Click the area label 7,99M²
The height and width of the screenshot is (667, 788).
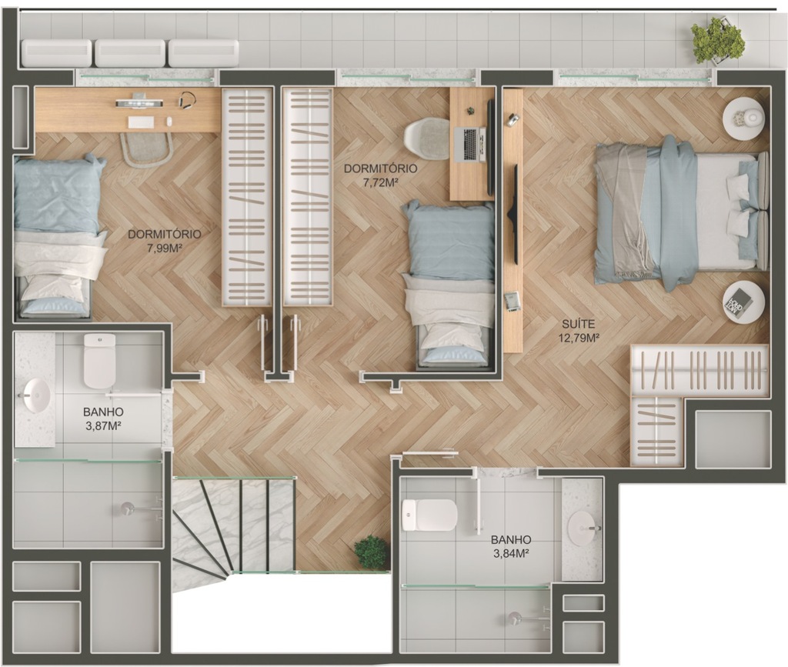[165, 247]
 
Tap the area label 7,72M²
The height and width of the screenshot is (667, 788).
[380, 182]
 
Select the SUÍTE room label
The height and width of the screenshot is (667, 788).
[579, 324]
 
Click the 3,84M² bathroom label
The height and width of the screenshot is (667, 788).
[511, 554]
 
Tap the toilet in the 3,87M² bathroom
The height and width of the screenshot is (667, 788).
[99, 361]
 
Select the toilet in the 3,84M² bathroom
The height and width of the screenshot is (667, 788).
[429, 515]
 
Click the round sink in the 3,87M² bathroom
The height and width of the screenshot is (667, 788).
[36, 395]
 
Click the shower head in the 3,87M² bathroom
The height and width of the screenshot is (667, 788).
[128, 509]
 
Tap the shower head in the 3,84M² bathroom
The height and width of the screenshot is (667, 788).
[514, 619]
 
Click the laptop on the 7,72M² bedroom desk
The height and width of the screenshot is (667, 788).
[469, 145]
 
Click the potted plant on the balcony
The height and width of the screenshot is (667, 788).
[717, 40]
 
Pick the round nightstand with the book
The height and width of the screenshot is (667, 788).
[743, 302]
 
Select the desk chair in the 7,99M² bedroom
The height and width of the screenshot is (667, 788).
[146, 149]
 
